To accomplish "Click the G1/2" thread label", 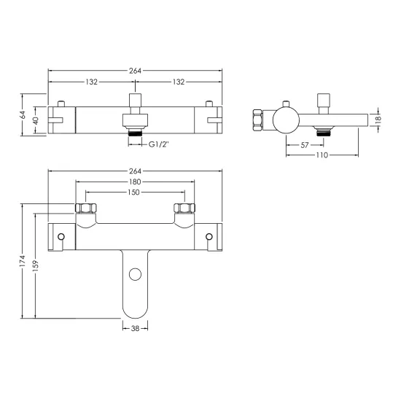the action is (x=158, y=144).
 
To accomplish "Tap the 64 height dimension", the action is (x=23, y=114).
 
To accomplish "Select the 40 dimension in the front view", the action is (x=36, y=120).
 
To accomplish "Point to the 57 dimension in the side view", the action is (x=304, y=145).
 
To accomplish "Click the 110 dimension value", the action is (x=322, y=155).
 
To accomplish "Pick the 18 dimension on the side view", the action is (x=378, y=120).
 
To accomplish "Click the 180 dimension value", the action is (x=135, y=182).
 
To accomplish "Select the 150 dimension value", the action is (x=133, y=192).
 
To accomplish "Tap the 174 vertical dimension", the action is (x=23, y=261).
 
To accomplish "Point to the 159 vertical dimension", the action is (x=35, y=266).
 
